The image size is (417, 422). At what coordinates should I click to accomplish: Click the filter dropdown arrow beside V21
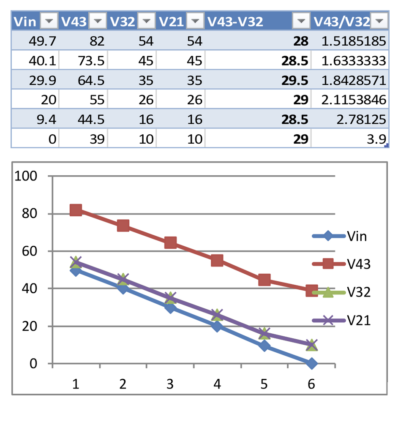pyautogui.click(x=194, y=21)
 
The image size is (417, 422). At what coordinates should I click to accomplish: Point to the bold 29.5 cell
pyautogui.click(x=295, y=80)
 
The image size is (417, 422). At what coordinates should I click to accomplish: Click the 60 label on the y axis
pyautogui.click(x=31, y=251)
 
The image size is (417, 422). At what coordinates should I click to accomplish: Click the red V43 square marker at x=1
pyautogui.click(x=76, y=210)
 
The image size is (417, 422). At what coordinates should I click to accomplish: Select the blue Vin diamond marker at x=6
pyautogui.click(x=311, y=363)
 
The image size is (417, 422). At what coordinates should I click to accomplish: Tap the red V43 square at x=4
pyautogui.click(x=217, y=260)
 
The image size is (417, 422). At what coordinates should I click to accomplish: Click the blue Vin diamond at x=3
pyautogui.click(x=170, y=308)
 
